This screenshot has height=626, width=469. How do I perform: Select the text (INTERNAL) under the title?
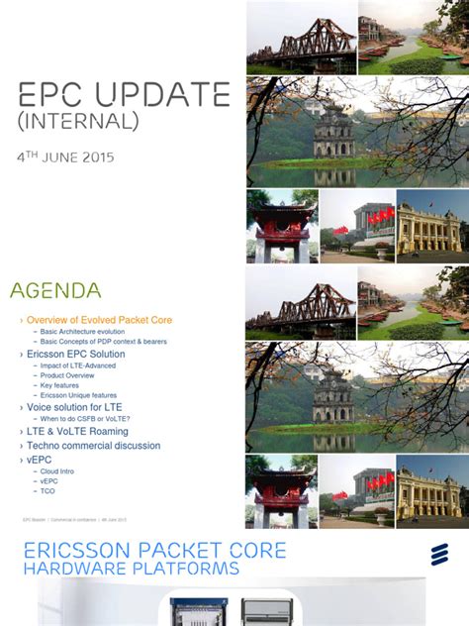tap(78, 121)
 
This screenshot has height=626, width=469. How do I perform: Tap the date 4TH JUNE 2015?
tap(66, 157)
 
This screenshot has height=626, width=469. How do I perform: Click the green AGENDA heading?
tap(55, 290)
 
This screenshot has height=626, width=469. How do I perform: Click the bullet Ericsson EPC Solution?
tap(75, 354)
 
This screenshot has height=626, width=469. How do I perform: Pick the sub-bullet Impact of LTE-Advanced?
tap(78, 365)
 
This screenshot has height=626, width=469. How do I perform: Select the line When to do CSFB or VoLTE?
tap(85, 419)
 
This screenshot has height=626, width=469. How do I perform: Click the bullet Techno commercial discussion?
tap(93, 446)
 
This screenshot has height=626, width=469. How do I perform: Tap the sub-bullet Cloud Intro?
tap(57, 471)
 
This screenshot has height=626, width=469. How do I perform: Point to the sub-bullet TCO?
tap(47, 491)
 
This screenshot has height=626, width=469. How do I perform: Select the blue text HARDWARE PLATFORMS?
tap(131, 569)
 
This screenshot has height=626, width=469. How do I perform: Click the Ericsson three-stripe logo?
tap(439, 555)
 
